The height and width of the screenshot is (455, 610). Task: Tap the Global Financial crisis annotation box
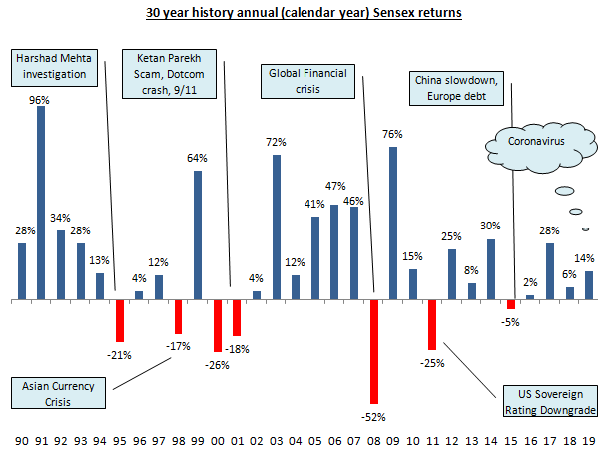pyautogui.click(x=309, y=81)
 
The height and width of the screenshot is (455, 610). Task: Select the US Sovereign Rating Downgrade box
pyautogui.click(x=547, y=401)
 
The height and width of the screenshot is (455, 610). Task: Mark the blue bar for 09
pyautogui.click(x=393, y=223)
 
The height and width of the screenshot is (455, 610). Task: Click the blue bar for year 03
pyautogui.click(x=277, y=227)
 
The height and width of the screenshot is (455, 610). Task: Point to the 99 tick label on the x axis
pyautogui.click(x=197, y=439)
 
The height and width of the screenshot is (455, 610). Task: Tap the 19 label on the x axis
pyautogui.click(x=588, y=439)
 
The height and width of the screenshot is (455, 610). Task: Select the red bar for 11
pyautogui.click(x=432, y=324)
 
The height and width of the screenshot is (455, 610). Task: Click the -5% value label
pyautogui.click(x=511, y=321)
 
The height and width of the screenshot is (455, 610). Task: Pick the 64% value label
pyautogui.click(x=198, y=157)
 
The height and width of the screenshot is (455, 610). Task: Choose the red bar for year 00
pyautogui.click(x=217, y=325)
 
